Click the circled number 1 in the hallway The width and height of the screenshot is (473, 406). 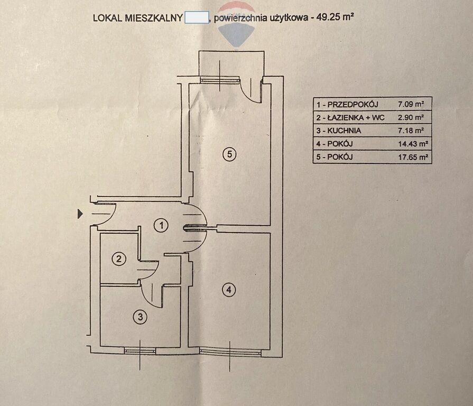pos(162,226)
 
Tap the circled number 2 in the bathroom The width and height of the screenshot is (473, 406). pos(119,259)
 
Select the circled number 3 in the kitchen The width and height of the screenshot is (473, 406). pos(140,317)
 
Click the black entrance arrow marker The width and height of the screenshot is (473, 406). pos(80,214)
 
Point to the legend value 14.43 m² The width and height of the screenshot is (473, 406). pos(413,144)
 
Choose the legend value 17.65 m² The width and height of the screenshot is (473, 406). pos(413,157)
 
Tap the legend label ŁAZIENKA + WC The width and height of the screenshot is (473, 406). pos(350,117)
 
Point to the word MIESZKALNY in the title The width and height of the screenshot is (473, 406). pos(155,17)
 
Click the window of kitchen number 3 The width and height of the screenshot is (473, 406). pos(140,350)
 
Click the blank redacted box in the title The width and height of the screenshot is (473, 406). pos(196,17)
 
